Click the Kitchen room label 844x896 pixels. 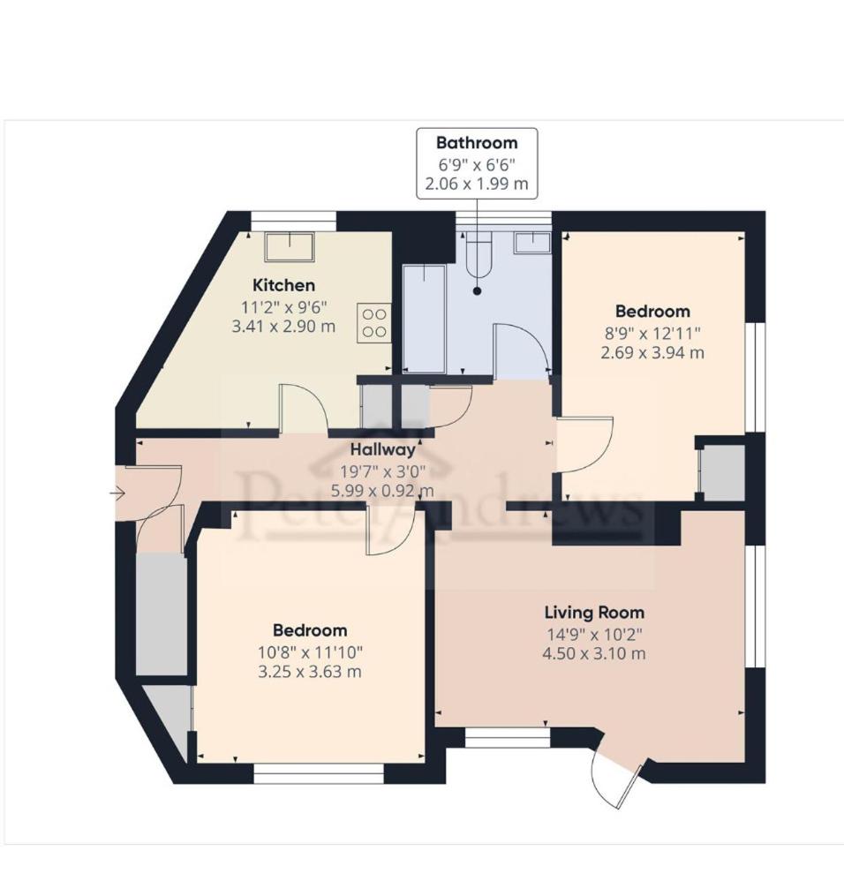coord(284,284)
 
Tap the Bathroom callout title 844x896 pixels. coord(477,143)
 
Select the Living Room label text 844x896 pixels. coord(594,613)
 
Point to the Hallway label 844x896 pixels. coord(383,449)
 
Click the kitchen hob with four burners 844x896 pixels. coord(374,323)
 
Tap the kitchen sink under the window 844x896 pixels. coord(290,246)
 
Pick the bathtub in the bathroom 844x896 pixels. coord(425,319)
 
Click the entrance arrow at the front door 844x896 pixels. coord(118,493)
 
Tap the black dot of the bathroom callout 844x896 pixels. coord(477,291)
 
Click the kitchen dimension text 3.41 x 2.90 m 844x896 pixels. coord(283,327)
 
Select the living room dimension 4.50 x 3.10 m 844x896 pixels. coord(594,654)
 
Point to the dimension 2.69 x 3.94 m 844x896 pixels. coord(652,352)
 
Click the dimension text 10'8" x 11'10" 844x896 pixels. coord(310,652)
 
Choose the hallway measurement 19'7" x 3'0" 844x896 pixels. coord(383,472)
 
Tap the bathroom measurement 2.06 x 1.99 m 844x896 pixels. coord(477,184)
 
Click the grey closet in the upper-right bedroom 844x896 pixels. coord(723,472)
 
